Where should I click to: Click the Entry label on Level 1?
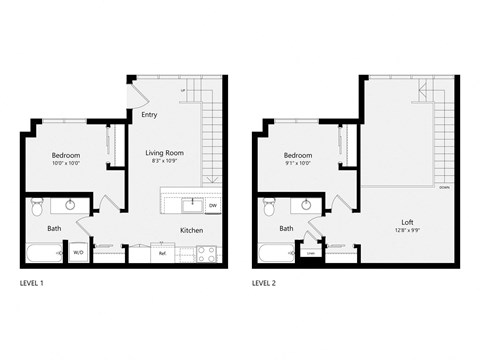(149, 115)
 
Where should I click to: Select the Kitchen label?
(192, 230)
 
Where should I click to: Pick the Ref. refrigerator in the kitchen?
(162, 254)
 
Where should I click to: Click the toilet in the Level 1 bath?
(37, 207)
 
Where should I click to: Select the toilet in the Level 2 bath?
(268, 207)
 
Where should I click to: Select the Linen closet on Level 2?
(311, 253)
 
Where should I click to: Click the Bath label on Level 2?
(286, 228)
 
